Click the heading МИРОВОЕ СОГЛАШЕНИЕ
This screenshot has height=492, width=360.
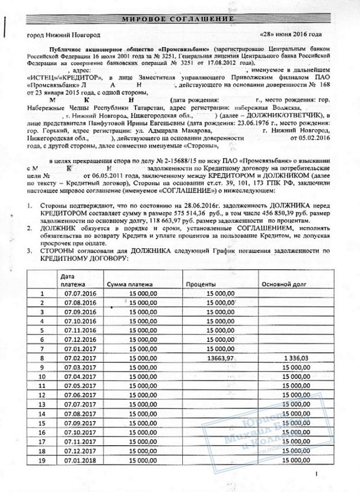coord(179,19)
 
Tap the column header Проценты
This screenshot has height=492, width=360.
coord(199,284)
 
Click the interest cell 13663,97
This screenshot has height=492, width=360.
coord(220,358)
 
